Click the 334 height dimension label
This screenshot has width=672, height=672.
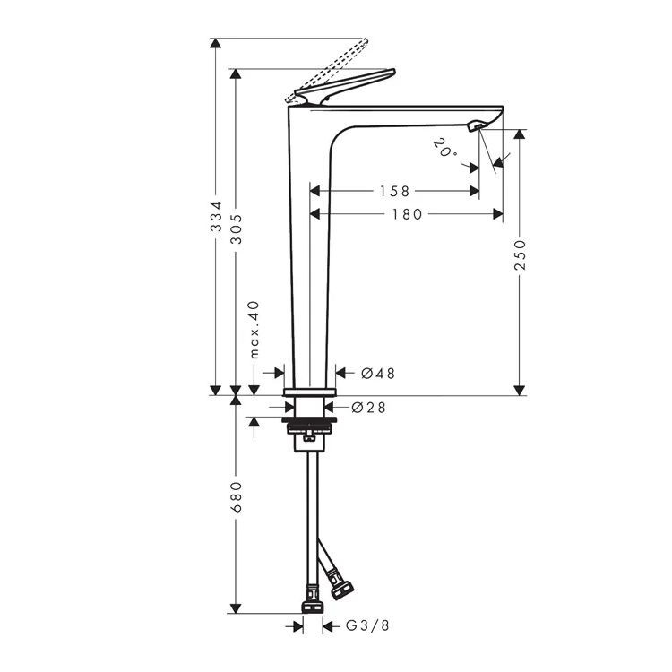217,217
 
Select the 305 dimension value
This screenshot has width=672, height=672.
237,228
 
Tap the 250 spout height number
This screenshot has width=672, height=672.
520,254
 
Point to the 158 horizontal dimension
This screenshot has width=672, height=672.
394,191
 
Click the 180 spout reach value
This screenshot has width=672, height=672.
407,214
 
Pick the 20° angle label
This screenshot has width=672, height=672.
444,147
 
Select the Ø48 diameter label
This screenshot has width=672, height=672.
378,374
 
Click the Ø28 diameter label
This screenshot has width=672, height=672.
368,407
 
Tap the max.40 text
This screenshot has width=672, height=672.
254,330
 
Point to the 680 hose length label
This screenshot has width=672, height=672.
237,497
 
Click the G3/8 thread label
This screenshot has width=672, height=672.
367,625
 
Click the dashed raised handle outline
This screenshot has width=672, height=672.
326,71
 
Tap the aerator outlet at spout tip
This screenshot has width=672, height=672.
477,125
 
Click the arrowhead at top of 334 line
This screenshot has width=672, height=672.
216,43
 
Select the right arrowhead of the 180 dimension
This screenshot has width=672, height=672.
497,214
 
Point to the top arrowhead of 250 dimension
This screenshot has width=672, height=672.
520,134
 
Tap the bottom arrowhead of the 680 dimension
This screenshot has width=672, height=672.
236,608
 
